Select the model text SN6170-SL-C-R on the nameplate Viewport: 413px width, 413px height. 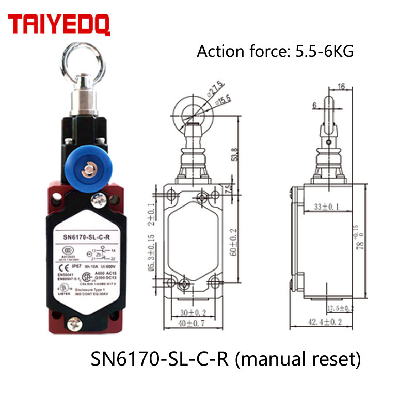click(x=86, y=237)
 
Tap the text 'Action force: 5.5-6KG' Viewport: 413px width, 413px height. click(x=275, y=52)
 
